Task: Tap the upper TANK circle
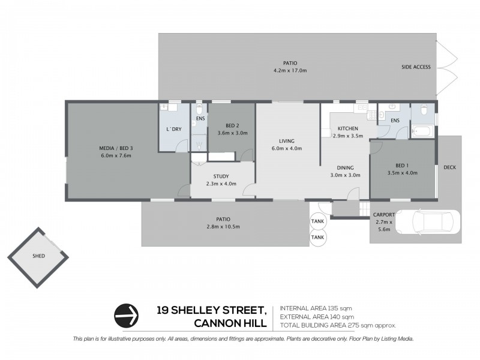[317, 221]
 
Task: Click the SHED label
[38, 256]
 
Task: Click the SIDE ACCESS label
[416, 67]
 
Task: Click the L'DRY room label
[173, 129]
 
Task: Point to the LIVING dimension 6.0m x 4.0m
[286, 148]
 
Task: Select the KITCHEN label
[348, 128]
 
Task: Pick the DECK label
[449, 167]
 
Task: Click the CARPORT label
[383, 214]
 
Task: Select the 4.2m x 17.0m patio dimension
[290, 71]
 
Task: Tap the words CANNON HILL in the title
[230, 325]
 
